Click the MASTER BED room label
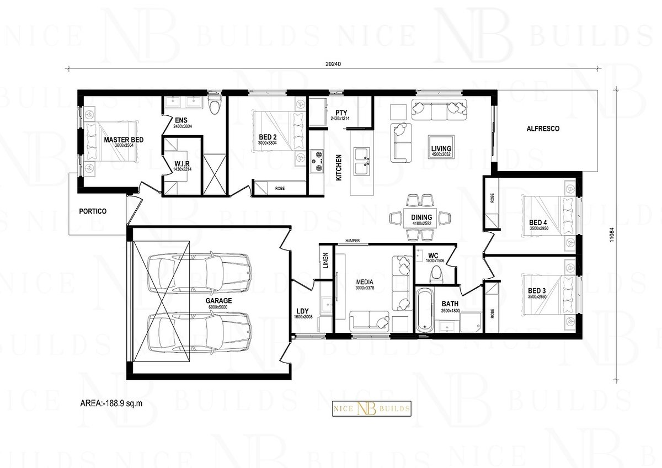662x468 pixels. [124, 140]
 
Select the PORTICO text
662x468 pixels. [92, 211]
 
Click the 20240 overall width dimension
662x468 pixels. [334, 63]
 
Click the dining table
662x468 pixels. [421, 218]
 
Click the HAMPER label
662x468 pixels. [352, 241]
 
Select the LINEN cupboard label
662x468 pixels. [325, 262]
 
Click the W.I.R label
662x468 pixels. [182, 163]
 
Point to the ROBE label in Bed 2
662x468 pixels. [280, 188]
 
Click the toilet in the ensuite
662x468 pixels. [215, 106]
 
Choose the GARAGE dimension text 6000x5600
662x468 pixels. [218, 307]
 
